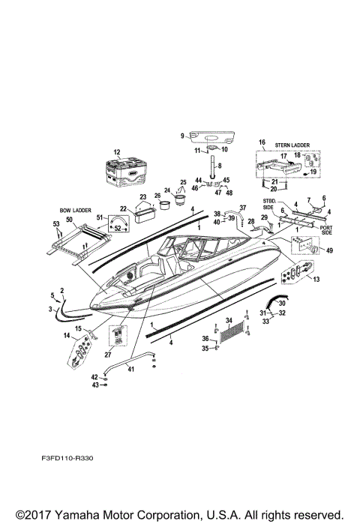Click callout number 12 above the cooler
tap(116, 152)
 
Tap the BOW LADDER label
tap(75, 211)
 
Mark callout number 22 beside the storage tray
tap(124, 208)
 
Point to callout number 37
tap(242, 207)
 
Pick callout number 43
tap(94, 385)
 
